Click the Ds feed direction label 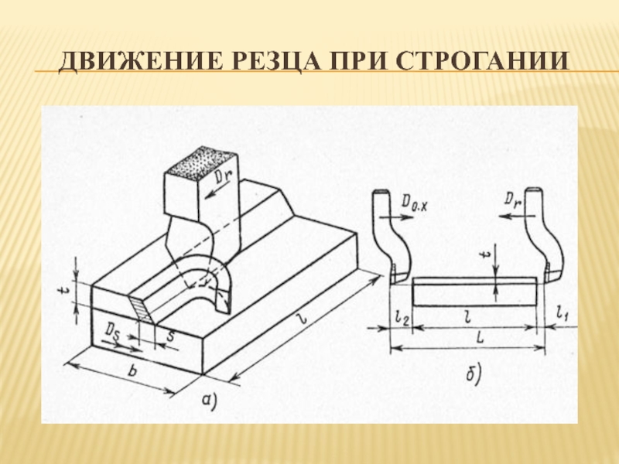pos(113,330)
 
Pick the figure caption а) pos(209,400)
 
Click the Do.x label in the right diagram pos(416,203)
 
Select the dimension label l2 pos(401,316)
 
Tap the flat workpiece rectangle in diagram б pos(474,292)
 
